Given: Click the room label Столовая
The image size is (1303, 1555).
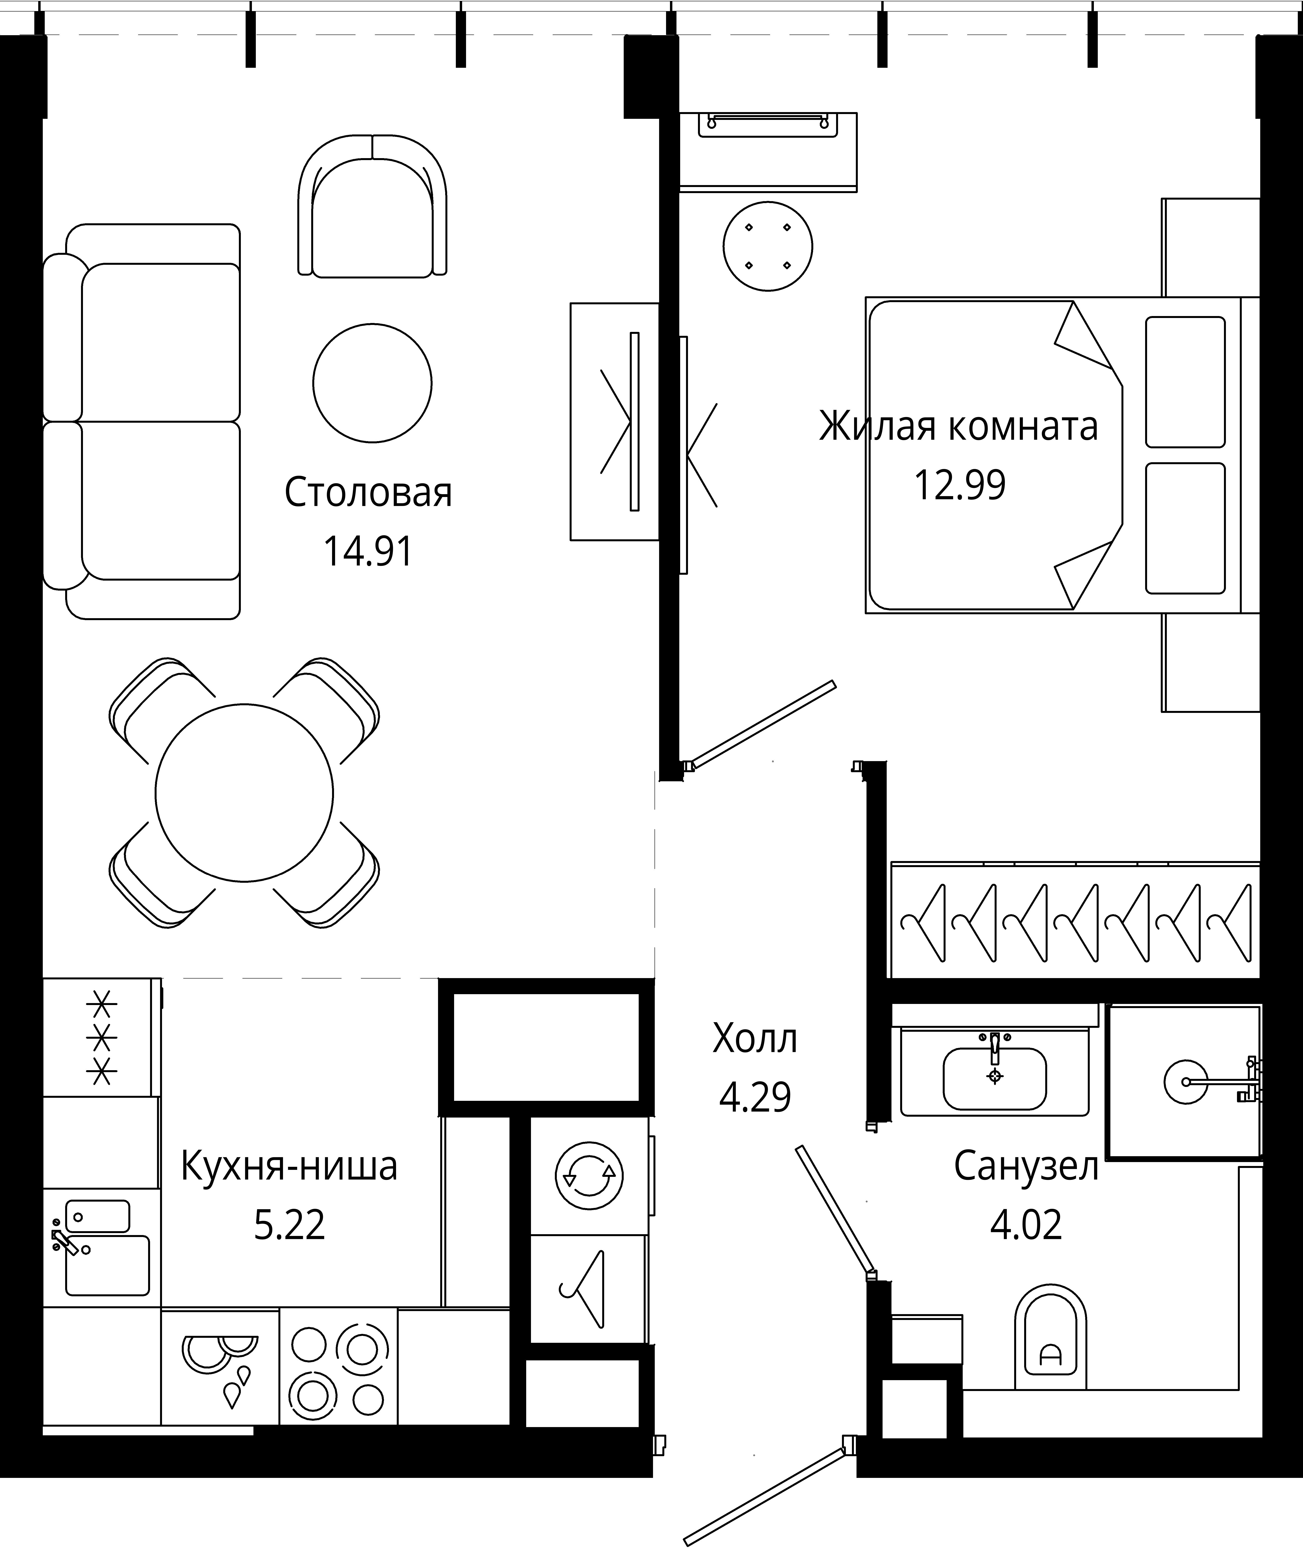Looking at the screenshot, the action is (368, 493).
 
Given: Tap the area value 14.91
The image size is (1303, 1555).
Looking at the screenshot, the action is (368, 552).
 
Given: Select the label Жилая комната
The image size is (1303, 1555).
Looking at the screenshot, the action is (959, 427).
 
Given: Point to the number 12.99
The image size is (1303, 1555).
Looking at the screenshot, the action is (960, 486).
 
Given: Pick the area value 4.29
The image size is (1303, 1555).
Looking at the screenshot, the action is (755, 1097).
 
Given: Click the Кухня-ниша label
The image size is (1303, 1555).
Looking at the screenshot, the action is (289, 1167).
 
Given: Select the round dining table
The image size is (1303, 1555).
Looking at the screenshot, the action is (244, 793).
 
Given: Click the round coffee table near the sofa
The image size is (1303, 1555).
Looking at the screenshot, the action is (372, 383).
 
